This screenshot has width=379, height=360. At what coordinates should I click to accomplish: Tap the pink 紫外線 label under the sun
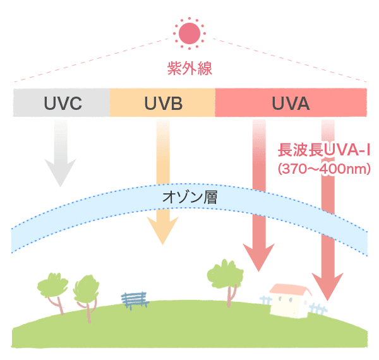tap(189, 68)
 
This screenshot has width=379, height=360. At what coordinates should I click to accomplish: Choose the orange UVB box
tap(162, 103)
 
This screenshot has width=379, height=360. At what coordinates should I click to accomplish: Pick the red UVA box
tap(291, 103)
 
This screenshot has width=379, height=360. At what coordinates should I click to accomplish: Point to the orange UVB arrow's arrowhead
tap(162, 231)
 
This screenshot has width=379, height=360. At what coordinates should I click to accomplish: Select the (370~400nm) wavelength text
tap(322, 169)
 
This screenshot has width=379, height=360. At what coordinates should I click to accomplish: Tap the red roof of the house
tap(289, 291)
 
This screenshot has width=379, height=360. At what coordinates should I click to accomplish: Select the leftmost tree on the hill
tap(52, 285)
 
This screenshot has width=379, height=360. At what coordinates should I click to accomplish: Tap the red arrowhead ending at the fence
tap(329, 287)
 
